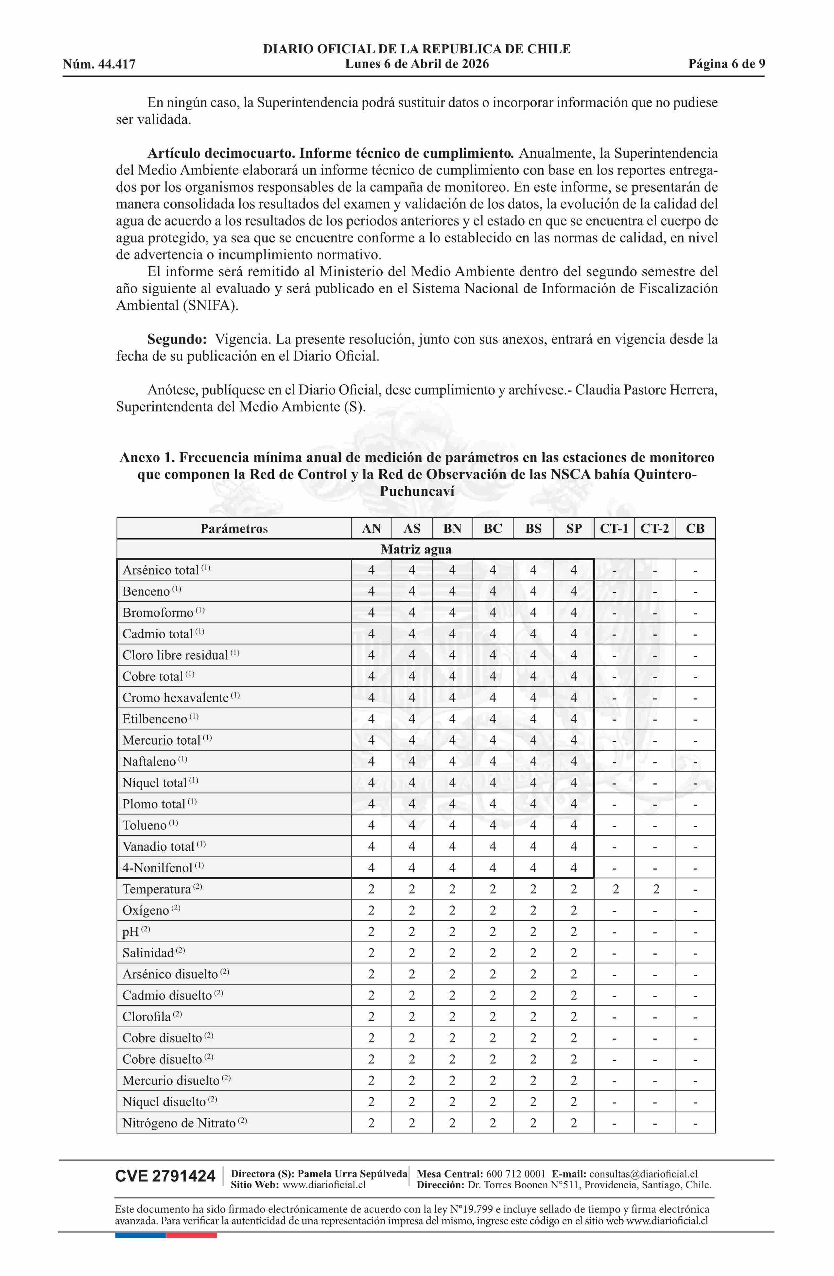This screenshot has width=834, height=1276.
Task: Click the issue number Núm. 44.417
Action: pyautogui.click(x=99, y=65)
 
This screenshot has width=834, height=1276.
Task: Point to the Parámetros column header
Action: pyautogui.click(x=234, y=529)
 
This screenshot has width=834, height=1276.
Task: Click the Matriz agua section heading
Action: pyautogui.click(x=416, y=550)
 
